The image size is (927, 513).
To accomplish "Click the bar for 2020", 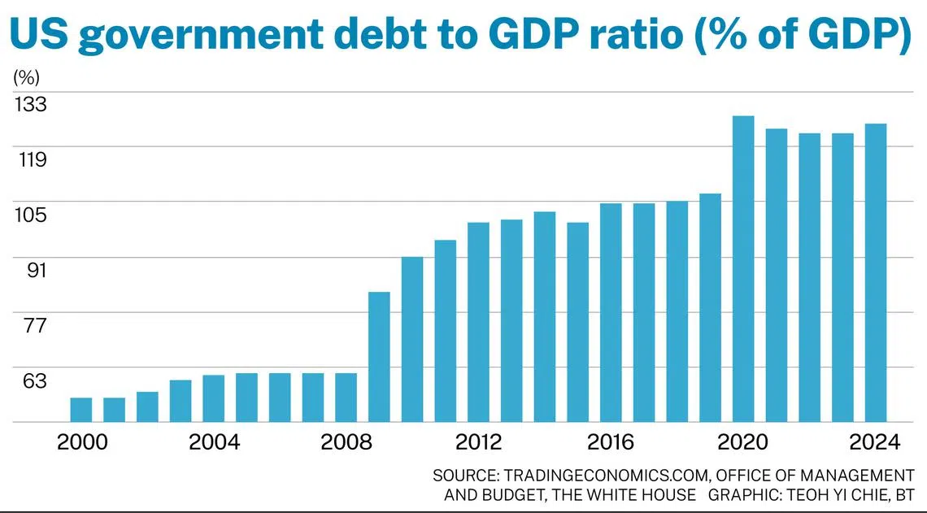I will (x=743, y=269).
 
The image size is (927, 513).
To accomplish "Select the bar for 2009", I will (x=379, y=357).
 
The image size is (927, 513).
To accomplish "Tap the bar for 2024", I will (x=876, y=273).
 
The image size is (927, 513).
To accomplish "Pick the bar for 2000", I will (x=81, y=410).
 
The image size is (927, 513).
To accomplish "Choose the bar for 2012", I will (x=478, y=322).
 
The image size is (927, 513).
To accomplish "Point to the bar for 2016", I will (x=611, y=313).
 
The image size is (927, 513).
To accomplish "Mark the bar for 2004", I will (x=214, y=398).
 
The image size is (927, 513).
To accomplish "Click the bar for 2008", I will (x=346, y=398).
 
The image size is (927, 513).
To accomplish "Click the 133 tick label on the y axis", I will (x=30, y=105).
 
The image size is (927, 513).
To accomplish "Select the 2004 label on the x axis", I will (x=214, y=443).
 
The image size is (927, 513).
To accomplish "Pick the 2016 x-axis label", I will (x=611, y=443).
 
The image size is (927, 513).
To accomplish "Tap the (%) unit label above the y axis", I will (x=26, y=78).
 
